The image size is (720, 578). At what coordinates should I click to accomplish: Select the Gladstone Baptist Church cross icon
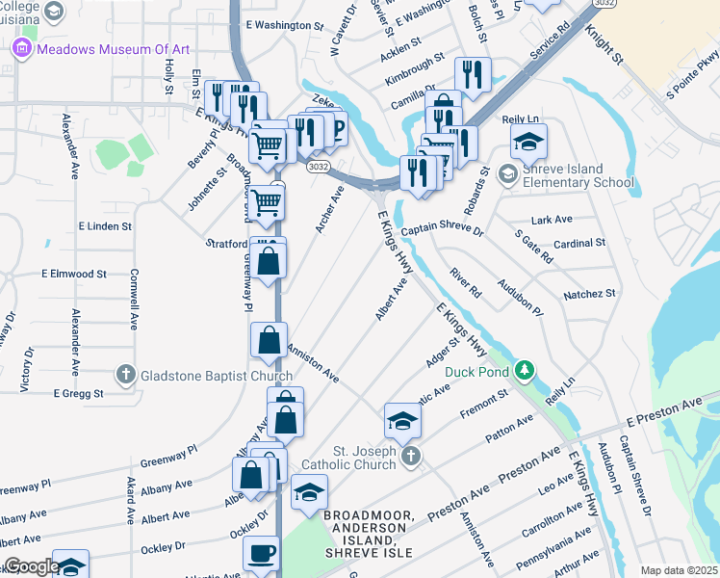pos(125,374)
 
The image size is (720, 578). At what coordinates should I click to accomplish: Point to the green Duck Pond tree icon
pos(524,370)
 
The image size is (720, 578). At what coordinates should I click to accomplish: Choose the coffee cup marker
pos(260,555)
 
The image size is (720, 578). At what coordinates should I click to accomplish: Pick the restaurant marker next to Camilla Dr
pos(472,75)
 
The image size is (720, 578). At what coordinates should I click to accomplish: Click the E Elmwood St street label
pos(74,274)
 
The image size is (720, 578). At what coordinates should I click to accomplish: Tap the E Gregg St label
pos(78,393)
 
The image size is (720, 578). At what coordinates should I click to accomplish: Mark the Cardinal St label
pos(580,243)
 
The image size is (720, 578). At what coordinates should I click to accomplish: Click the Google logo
pos(31,567)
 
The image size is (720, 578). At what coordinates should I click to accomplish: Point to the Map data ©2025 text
pos(679,570)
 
